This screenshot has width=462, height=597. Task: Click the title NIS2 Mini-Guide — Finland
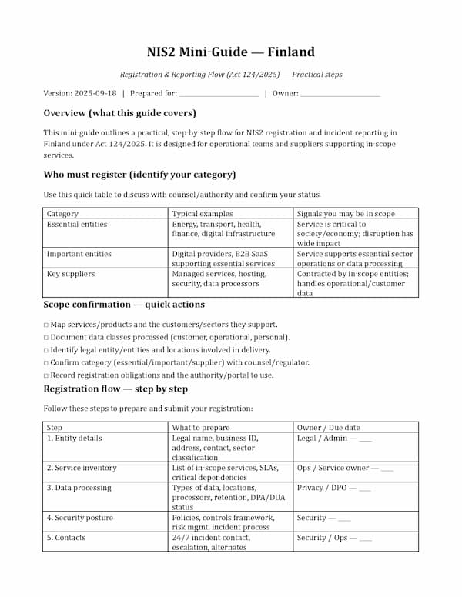(231, 52)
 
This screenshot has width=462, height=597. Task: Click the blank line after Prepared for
(218, 94)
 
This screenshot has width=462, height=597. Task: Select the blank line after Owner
(340, 94)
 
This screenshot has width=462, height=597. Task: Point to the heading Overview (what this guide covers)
(119, 113)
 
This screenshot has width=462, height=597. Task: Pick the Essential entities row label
(77, 225)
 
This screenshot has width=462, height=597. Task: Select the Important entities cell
(79, 254)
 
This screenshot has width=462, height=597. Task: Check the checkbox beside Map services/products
(46, 325)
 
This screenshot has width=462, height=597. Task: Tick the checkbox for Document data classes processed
(46, 337)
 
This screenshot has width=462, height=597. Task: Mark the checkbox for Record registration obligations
(46, 375)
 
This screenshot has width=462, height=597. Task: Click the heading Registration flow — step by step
(115, 389)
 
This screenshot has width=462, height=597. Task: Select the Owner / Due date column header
(328, 427)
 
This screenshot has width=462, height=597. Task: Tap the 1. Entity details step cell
(75, 439)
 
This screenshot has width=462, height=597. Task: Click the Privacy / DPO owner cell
(333, 488)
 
